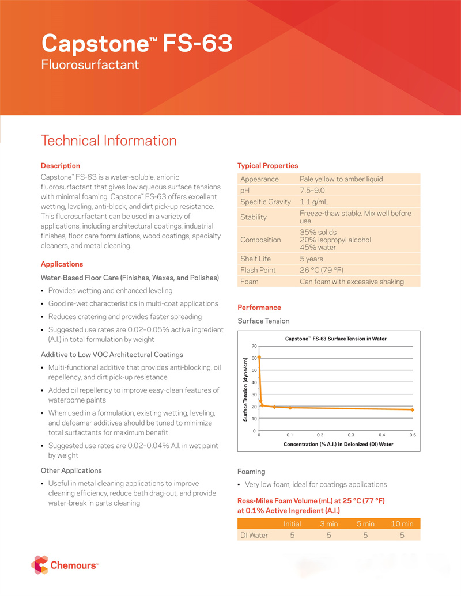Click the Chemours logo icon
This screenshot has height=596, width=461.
pyautogui.click(x=40, y=565)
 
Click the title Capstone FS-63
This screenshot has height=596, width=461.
pyautogui.click(x=137, y=43)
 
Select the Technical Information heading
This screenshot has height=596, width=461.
pyautogui.click(x=109, y=141)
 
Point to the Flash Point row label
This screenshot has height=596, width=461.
pyautogui.click(x=258, y=270)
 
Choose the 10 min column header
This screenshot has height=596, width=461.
pyautogui.click(x=402, y=523)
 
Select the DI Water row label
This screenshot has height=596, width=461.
pyautogui.click(x=254, y=535)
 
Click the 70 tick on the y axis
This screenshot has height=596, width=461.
pyautogui.click(x=254, y=346)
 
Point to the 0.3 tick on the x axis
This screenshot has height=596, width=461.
pyautogui.click(x=351, y=435)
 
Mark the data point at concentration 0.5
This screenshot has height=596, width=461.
pyautogui.click(x=412, y=409)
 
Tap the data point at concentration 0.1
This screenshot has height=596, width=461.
pyautogui.click(x=290, y=408)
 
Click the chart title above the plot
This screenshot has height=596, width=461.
pyautogui.click(x=335, y=339)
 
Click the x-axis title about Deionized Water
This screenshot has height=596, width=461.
pyautogui.click(x=338, y=445)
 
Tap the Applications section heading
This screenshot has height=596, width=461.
pyautogui.click(x=62, y=264)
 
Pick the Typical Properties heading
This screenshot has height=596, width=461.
pyautogui.click(x=268, y=166)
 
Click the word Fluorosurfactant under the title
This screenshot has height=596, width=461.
pyautogui.click(x=90, y=64)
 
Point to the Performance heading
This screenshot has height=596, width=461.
pyautogui.click(x=259, y=308)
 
